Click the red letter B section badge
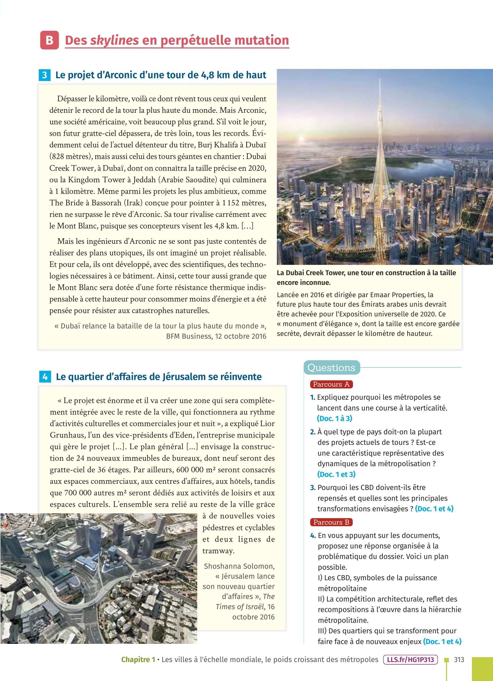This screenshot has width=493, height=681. (49, 40)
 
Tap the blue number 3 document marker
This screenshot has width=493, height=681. (44, 75)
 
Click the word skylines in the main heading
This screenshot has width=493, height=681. (114, 40)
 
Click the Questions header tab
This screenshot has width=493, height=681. (331, 367)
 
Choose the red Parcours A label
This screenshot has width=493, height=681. (331, 384)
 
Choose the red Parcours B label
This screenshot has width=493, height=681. (331, 522)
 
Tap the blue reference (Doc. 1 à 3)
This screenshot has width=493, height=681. (335, 418)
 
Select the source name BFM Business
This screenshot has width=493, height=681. (188, 336)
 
